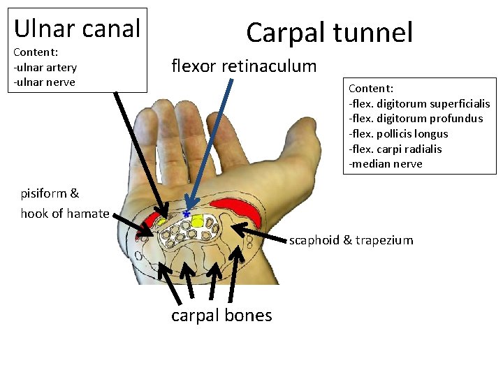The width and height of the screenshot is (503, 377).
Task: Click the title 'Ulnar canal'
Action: click(x=77, y=28)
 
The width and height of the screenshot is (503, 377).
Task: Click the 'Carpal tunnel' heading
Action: click(x=329, y=32)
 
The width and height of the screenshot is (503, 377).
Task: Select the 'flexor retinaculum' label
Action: click(x=244, y=66)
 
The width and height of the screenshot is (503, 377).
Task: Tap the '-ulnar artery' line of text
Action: click(x=45, y=67)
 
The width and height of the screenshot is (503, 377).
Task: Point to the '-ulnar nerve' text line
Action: click(x=44, y=82)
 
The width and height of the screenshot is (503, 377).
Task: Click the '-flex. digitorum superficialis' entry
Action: click(x=419, y=103)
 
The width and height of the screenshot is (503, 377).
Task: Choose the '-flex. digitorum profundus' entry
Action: click(x=416, y=119)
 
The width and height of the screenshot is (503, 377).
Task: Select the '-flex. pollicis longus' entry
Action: click(x=398, y=133)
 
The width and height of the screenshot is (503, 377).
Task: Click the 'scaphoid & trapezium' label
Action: click(x=351, y=240)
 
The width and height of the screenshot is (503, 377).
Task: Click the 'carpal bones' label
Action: click(x=221, y=316)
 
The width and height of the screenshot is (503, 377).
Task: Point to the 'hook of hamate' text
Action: click(x=65, y=214)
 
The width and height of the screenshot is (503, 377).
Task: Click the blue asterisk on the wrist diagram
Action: click(x=187, y=213)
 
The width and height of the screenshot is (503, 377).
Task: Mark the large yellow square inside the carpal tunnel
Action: click(x=197, y=222)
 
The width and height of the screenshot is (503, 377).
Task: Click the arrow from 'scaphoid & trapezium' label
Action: click(x=258, y=234)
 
